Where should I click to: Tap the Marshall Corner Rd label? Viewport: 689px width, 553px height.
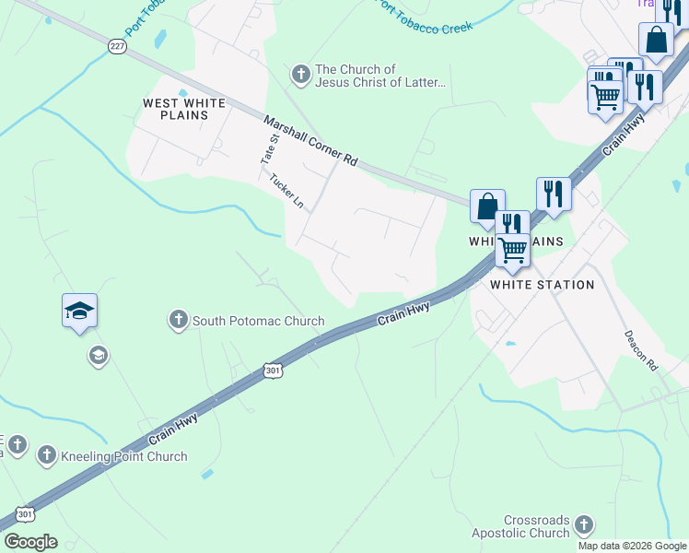click(x=310, y=140)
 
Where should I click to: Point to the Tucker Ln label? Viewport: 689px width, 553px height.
click(x=286, y=191)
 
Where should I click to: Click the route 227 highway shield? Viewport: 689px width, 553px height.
click(x=117, y=47)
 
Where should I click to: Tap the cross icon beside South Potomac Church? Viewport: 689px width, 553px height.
click(x=178, y=321)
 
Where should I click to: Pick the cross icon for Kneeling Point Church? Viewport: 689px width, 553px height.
click(x=46, y=455)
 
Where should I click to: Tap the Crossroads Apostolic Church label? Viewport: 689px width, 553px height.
click(x=537, y=527)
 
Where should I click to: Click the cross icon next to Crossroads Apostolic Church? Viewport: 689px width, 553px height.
click(x=582, y=525)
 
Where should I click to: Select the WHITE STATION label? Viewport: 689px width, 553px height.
click(x=542, y=285)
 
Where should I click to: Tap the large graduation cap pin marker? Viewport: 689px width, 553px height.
click(x=80, y=312)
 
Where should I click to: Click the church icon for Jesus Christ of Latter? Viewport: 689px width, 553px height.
click(x=300, y=73)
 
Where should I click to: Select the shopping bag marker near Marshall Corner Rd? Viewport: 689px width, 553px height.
click(x=487, y=206)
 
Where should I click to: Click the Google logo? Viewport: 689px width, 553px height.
click(x=30, y=542)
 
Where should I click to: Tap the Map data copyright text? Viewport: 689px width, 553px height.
click(x=632, y=546)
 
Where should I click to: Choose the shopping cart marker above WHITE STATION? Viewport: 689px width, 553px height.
click(x=513, y=249)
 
